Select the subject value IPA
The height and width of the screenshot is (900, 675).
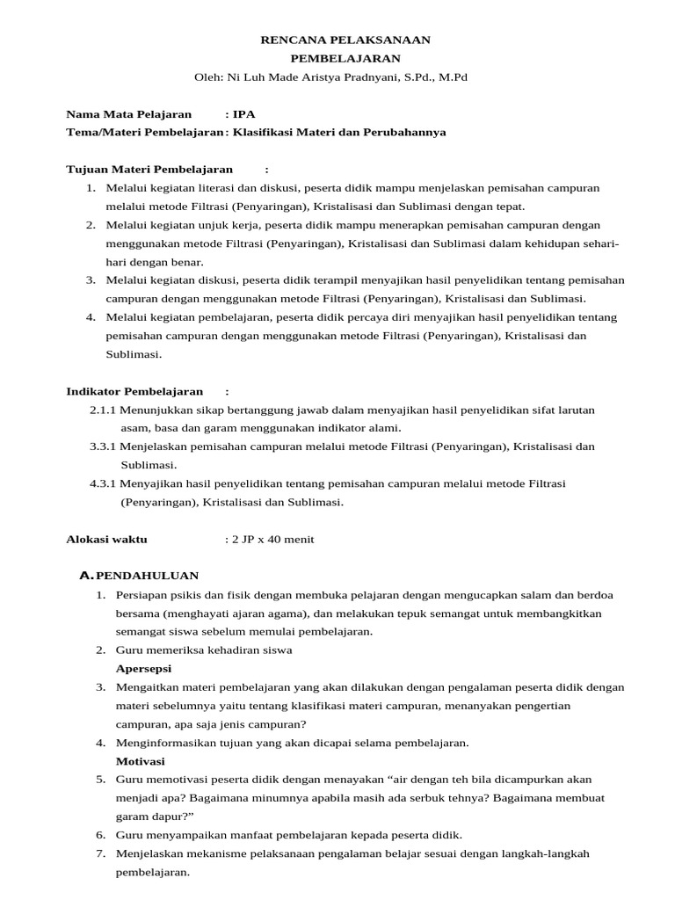[x=244, y=114]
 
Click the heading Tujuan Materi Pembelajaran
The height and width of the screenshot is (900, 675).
[x=149, y=170]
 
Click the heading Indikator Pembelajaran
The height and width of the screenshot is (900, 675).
[x=134, y=391]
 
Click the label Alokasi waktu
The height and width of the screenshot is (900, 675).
[x=107, y=539]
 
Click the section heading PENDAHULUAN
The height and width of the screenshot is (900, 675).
[x=147, y=576]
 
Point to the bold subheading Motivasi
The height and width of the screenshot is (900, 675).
[x=140, y=760]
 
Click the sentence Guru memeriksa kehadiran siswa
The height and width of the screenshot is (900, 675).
[x=204, y=650]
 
